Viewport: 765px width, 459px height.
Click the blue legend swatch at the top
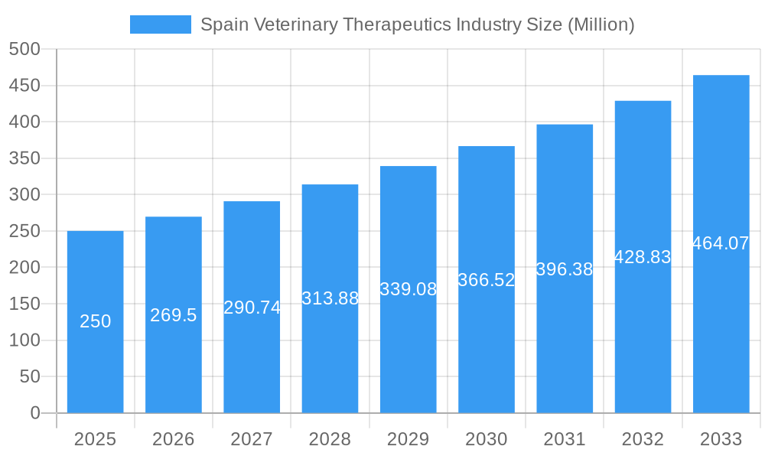(x=160, y=24)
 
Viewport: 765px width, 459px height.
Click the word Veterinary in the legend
(x=293, y=24)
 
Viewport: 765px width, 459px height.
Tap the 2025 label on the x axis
(x=95, y=439)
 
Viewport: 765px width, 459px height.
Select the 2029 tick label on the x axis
(x=408, y=439)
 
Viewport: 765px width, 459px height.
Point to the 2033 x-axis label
(x=721, y=439)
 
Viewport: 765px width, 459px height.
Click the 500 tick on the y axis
(x=24, y=49)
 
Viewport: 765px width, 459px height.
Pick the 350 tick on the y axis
(x=24, y=158)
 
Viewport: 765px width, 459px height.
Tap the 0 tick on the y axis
(x=35, y=413)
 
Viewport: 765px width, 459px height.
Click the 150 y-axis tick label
(x=24, y=304)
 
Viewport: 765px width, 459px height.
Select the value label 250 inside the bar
(x=95, y=321)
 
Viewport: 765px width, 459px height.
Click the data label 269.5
(x=174, y=315)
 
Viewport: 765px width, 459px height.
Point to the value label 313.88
(x=330, y=298)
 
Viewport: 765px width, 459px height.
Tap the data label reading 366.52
(x=487, y=280)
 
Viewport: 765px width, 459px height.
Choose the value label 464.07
(x=721, y=243)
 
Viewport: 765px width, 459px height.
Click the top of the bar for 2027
(x=252, y=202)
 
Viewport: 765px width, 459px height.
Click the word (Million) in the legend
(x=600, y=24)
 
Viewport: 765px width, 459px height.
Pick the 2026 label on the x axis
(x=174, y=439)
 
